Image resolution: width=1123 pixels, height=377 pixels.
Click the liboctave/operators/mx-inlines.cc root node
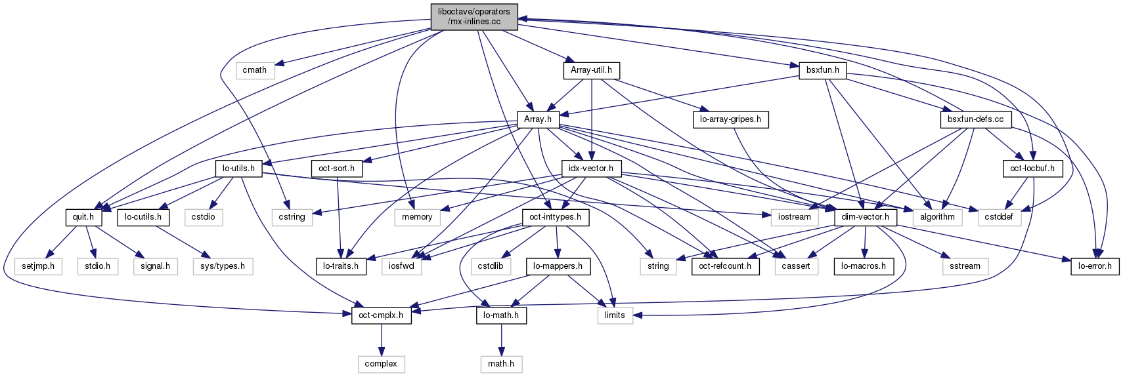pos(473,16)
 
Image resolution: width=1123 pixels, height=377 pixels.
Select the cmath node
pos(255,70)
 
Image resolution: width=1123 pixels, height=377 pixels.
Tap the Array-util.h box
pos(591,70)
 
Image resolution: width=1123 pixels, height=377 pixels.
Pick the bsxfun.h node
pos(822,70)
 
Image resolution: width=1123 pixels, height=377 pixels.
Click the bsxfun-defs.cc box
pos(975,119)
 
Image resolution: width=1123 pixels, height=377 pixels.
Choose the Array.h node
pos(537,119)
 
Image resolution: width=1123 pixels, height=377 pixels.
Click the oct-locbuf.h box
pos(1033,169)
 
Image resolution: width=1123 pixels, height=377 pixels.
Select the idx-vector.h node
pos(591,169)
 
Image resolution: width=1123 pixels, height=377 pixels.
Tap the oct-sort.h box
pos(336,169)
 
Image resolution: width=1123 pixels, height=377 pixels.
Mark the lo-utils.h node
pos(238,169)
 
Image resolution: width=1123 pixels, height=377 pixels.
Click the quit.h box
pos(83,217)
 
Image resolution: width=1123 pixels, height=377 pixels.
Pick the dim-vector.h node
pos(865,217)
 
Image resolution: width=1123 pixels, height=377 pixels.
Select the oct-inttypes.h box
pos(555,217)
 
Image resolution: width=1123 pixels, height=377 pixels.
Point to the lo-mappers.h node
pos(558,266)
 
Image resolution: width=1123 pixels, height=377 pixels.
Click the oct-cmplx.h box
pos(381,315)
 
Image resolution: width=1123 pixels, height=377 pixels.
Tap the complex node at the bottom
pos(381,364)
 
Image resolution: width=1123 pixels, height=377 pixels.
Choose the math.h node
pos(501,364)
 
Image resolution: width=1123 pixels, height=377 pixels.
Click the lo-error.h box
pos(1095,266)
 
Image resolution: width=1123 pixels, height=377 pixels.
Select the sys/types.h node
pos(223,266)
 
